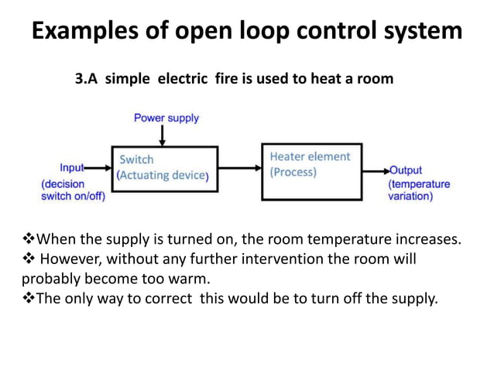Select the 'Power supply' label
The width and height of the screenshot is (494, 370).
[x=166, y=118]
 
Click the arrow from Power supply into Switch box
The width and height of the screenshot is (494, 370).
[x=162, y=136]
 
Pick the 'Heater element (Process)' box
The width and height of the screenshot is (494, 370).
[x=311, y=171]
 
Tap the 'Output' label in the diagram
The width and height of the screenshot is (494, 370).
[x=406, y=170]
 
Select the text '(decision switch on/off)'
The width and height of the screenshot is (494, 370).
[x=73, y=190]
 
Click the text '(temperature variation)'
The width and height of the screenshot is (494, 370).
[x=418, y=190]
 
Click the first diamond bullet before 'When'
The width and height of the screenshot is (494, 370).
[x=29, y=238]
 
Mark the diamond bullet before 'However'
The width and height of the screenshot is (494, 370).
[x=29, y=259]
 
